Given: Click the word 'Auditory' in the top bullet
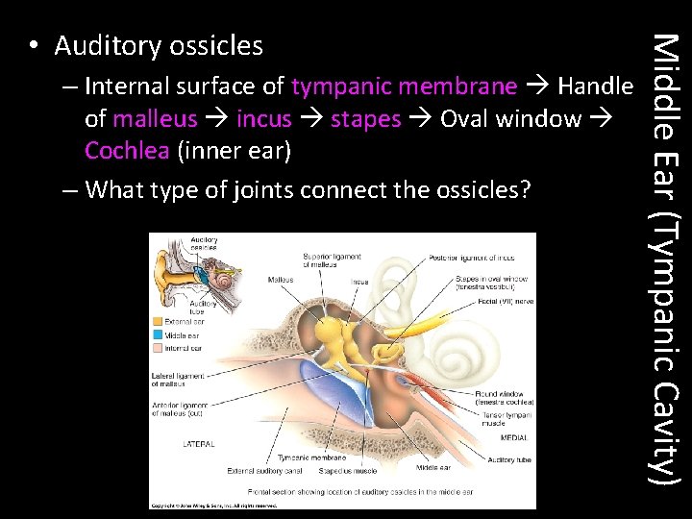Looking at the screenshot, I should [x=107, y=45].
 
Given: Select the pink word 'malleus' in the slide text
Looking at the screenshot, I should [x=155, y=119].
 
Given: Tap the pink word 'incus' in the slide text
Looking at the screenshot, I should [x=263, y=119].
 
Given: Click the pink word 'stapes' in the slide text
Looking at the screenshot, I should [x=365, y=119].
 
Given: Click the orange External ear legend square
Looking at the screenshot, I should [x=158, y=321].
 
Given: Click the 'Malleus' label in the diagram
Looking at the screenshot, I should [x=281, y=279].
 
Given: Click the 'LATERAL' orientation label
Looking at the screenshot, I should [x=199, y=444].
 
